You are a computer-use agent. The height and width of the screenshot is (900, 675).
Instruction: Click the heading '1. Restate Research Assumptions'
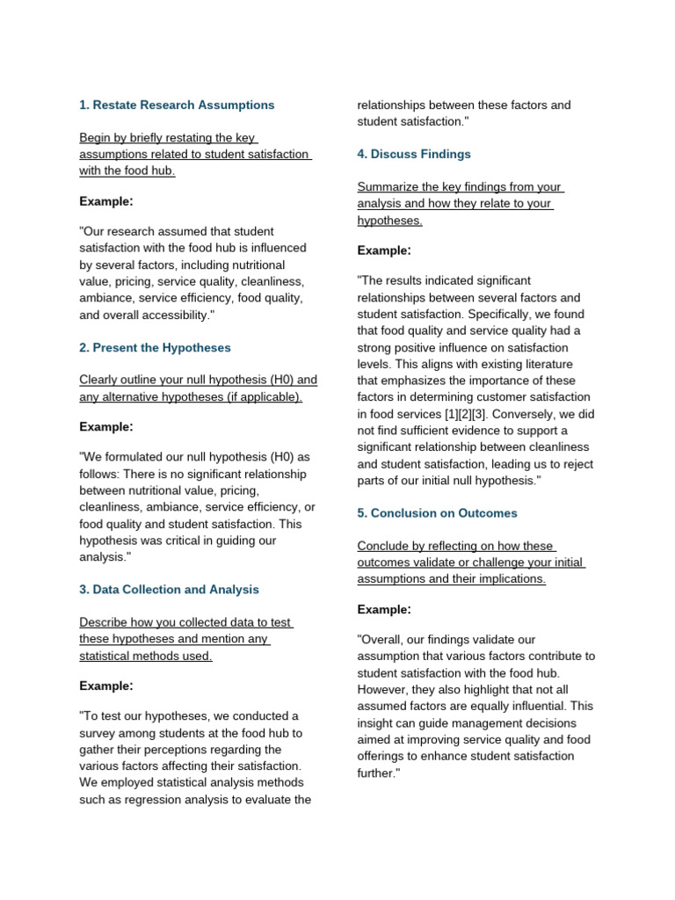tap(177, 105)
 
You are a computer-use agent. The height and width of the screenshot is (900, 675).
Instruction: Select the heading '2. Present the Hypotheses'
tap(155, 347)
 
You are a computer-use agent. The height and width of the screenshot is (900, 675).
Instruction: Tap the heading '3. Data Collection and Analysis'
tap(169, 590)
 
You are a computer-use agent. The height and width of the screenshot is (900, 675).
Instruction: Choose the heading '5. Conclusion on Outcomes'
tap(437, 513)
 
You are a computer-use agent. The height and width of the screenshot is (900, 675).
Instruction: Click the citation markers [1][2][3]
tap(473, 414)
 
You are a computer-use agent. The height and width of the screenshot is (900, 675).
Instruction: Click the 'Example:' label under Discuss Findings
tap(384, 250)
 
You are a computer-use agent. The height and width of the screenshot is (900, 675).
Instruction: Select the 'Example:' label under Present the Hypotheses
tap(106, 427)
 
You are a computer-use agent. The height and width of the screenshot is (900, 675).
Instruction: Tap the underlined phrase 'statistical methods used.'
tap(145, 657)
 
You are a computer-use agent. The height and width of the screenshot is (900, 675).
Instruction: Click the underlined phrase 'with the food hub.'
tap(127, 171)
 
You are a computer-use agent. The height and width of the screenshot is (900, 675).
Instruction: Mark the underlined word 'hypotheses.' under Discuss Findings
tap(389, 221)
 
